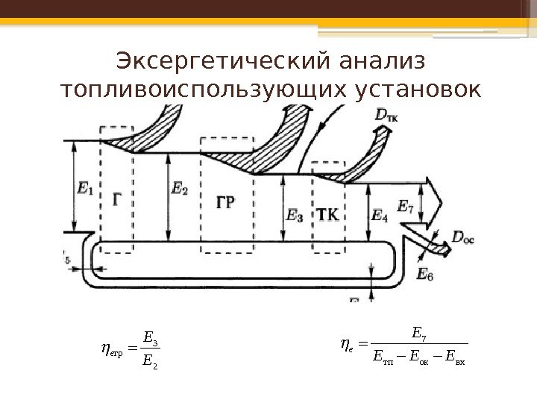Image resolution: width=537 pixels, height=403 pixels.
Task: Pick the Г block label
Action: pyautogui.click(x=118, y=199)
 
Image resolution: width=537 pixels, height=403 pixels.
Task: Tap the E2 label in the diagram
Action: pyautogui.click(x=180, y=190)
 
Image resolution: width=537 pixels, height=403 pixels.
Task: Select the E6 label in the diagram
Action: pyautogui.click(x=425, y=275)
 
